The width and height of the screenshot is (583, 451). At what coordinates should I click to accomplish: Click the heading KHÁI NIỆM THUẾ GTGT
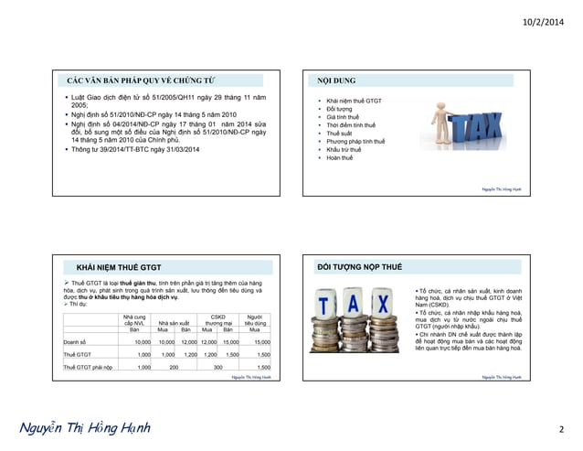click(x=118, y=267)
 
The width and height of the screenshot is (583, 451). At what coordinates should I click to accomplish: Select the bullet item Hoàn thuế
click(x=339, y=158)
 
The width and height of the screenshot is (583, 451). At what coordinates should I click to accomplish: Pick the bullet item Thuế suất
click(x=339, y=133)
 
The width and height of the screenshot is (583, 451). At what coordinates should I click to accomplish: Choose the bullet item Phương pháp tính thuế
click(x=355, y=142)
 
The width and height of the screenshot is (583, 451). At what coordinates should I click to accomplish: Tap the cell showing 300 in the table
click(x=217, y=366)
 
